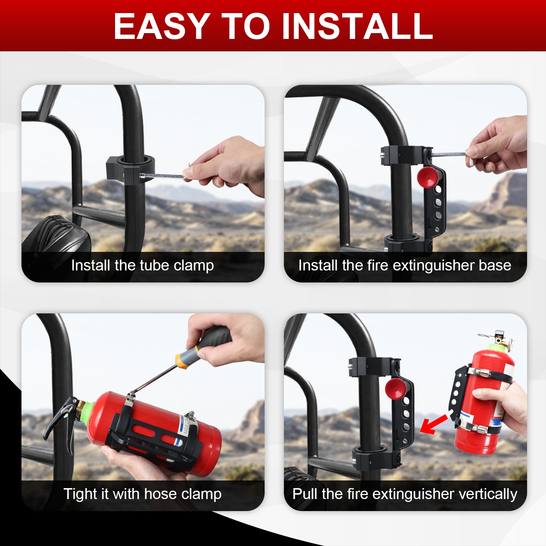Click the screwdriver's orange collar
coord(181,360)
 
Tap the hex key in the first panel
coord(164,176)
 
